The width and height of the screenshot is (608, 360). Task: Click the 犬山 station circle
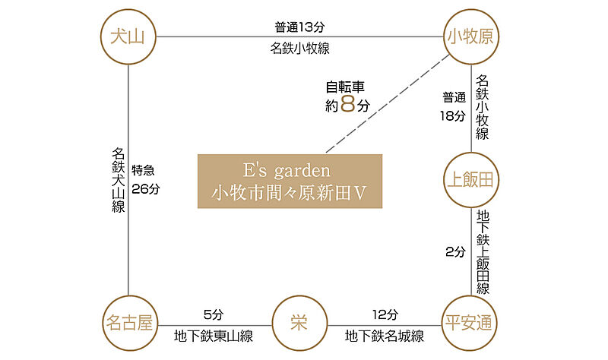(x=128, y=36)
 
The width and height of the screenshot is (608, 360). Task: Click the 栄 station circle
(x=299, y=323)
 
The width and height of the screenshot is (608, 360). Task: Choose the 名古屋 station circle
(x=128, y=323)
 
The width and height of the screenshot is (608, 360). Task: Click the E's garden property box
(x=290, y=182)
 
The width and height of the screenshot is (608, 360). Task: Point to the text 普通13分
(x=300, y=27)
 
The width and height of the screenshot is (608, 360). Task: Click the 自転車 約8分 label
(x=347, y=96)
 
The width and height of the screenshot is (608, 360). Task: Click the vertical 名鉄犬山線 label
(x=118, y=180)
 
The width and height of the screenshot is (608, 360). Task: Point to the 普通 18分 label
(x=453, y=107)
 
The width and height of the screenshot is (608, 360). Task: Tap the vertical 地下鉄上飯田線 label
(x=483, y=252)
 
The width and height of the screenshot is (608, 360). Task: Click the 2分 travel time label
(x=454, y=252)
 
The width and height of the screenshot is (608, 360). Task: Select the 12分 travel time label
(x=385, y=314)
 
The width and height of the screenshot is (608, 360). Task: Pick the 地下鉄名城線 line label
(x=385, y=336)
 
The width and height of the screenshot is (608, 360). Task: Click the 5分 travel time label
(x=214, y=314)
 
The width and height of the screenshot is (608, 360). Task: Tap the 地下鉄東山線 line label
(x=214, y=336)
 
